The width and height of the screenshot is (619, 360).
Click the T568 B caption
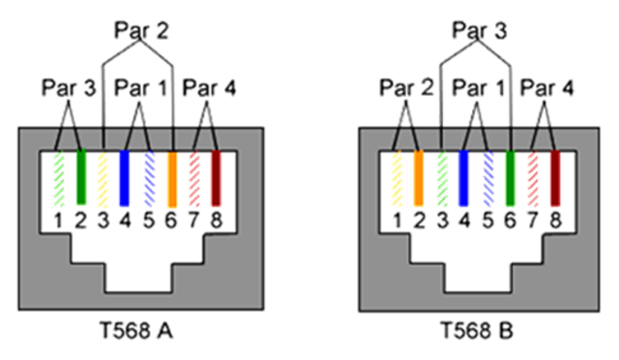click(476, 333)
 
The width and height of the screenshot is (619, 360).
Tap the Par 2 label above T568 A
click(141, 30)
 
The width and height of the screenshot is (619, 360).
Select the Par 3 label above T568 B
click(477, 30)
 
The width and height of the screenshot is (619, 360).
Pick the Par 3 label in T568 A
click(68, 89)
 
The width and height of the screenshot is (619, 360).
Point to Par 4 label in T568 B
click(547, 89)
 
